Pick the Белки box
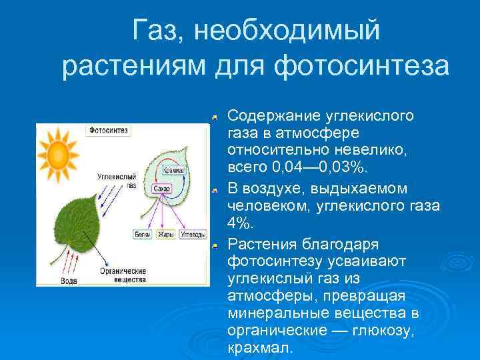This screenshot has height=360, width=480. (x=143, y=235)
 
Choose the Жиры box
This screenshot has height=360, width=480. (x=165, y=235)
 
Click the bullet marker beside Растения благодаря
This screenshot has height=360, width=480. (x=215, y=246)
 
